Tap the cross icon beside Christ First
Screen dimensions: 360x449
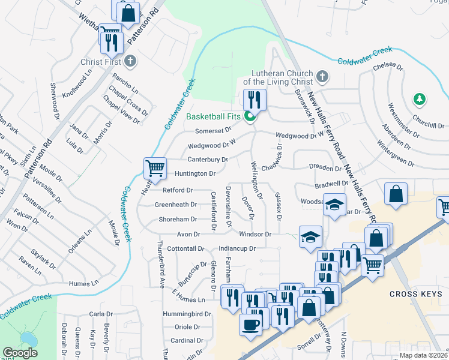[130, 61]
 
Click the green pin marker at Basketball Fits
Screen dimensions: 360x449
[249, 117]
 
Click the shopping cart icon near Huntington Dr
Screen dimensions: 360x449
[155, 168]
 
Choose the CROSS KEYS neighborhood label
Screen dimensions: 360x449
[415, 294]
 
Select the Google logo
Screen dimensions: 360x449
[20, 353]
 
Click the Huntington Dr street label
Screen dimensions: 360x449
[194, 174]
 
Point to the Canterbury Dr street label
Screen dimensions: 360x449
[207, 160]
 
